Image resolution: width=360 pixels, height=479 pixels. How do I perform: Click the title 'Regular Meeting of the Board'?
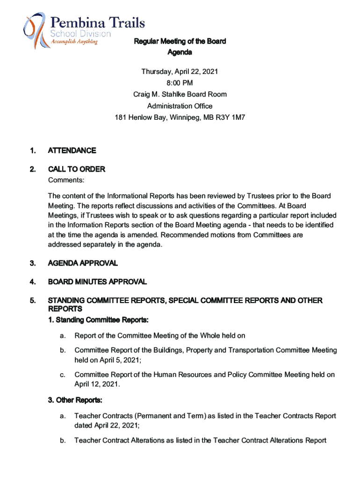point(180,41)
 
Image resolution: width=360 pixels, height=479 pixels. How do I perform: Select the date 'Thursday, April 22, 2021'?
point(180,72)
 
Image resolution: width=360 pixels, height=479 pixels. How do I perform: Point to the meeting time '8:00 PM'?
point(180,83)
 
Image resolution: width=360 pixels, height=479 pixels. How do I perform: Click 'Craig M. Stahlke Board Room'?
point(180,94)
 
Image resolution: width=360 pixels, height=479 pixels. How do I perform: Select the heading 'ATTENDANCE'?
point(72,151)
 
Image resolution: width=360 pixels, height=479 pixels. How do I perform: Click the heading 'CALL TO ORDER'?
point(77,169)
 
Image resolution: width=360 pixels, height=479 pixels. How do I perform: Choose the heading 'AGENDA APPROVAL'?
point(83,263)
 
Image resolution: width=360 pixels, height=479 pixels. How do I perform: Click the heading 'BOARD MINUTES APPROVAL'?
point(97,282)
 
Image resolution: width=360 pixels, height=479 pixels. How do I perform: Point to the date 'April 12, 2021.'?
point(97,384)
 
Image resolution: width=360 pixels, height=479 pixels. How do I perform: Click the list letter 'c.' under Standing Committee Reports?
point(62,375)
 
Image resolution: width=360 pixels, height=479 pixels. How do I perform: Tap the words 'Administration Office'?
point(180,106)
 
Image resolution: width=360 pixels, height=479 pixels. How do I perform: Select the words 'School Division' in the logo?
point(80,34)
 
